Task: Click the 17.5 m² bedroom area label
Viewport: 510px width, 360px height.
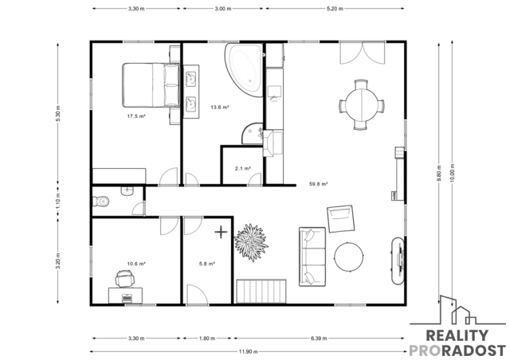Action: [x=136, y=116]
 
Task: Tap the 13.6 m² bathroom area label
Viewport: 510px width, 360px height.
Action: [x=220, y=107]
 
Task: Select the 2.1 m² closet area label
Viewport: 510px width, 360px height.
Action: [x=243, y=169]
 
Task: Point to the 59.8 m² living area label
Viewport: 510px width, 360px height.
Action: [x=318, y=184]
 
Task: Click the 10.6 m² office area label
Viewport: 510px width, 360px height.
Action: [x=136, y=264]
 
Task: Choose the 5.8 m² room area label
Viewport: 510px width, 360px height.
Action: [x=207, y=264]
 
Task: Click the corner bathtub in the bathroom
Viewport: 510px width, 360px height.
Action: [x=244, y=70]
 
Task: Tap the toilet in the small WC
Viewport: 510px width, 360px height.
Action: [x=101, y=202]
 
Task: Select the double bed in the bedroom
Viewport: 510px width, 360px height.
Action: [x=151, y=85]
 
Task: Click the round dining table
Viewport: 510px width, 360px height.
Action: [x=362, y=105]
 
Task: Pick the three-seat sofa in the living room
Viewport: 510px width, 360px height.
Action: [x=312, y=256]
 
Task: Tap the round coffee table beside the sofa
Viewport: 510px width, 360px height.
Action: [x=349, y=257]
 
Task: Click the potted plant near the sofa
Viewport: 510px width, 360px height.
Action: [x=251, y=242]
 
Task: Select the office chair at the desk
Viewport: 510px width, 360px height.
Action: [x=124, y=279]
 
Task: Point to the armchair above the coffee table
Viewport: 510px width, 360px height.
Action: [x=340, y=218]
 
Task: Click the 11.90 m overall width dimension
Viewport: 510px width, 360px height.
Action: [x=249, y=351]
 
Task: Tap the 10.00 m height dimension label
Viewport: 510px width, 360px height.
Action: [x=453, y=173]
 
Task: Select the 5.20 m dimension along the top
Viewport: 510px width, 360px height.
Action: [x=335, y=9]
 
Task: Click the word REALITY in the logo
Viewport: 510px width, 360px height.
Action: [x=457, y=335]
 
